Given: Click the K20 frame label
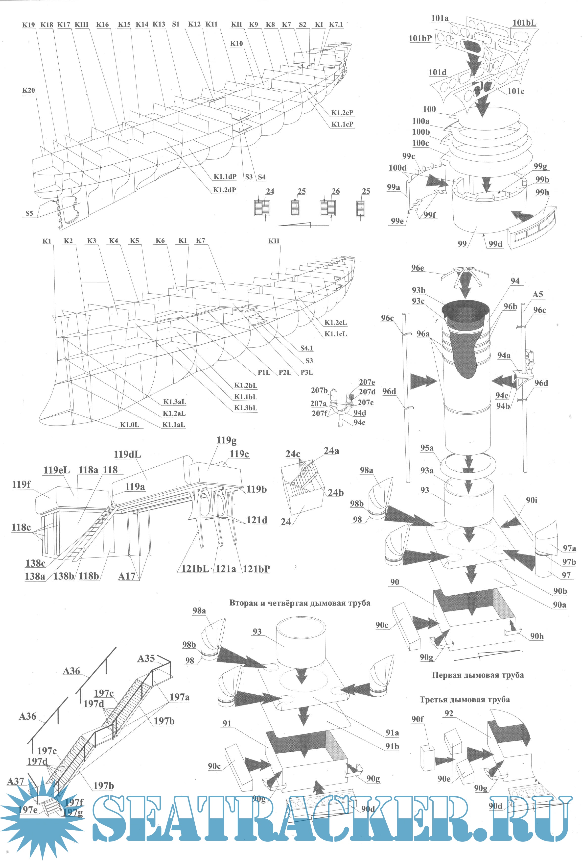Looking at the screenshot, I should point(28,90).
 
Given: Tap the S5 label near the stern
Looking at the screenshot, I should point(29,213).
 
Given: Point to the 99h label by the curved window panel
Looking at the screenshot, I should point(542,192).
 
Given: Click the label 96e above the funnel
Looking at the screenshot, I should point(417,268).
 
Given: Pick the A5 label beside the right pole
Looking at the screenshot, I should point(537,295).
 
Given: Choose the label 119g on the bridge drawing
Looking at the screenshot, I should point(227,440).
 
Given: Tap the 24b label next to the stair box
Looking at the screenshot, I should point(335,493).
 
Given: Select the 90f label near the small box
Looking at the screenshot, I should point(417,719).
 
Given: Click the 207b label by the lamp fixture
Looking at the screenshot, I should point(319,390).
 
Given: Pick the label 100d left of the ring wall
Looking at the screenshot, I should point(397,168).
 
